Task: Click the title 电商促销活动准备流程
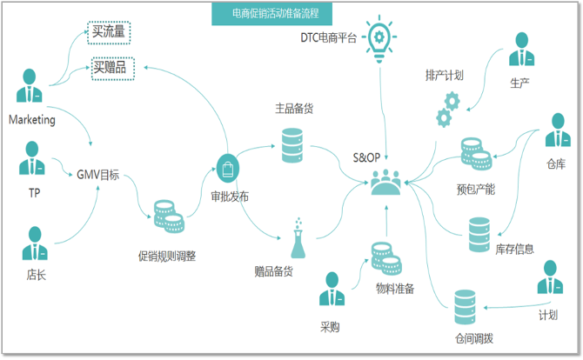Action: [x=275, y=14]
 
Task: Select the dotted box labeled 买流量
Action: [x=109, y=33]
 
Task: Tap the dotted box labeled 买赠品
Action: [x=113, y=69]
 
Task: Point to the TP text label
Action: [x=34, y=193]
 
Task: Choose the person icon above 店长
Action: [x=35, y=243]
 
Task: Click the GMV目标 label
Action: [x=97, y=175]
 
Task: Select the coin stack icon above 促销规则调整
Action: [x=169, y=217]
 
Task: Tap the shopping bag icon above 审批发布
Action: [x=228, y=169]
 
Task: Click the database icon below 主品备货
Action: [x=292, y=145]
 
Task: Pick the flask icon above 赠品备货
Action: [x=298, y=238]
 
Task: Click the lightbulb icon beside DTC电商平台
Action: [x=379, y=39]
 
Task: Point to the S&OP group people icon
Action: [x=386, y=182]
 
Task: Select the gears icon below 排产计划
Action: [x=448, y=110]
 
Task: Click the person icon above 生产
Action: [x=521, y=49]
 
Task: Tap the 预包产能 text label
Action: [x=476, y=190]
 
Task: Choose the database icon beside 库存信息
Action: [x=479, y=235]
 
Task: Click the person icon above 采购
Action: [x=332, y=289]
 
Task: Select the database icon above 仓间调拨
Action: [x=465, y=307]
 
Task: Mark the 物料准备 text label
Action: [x=395, y=289]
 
